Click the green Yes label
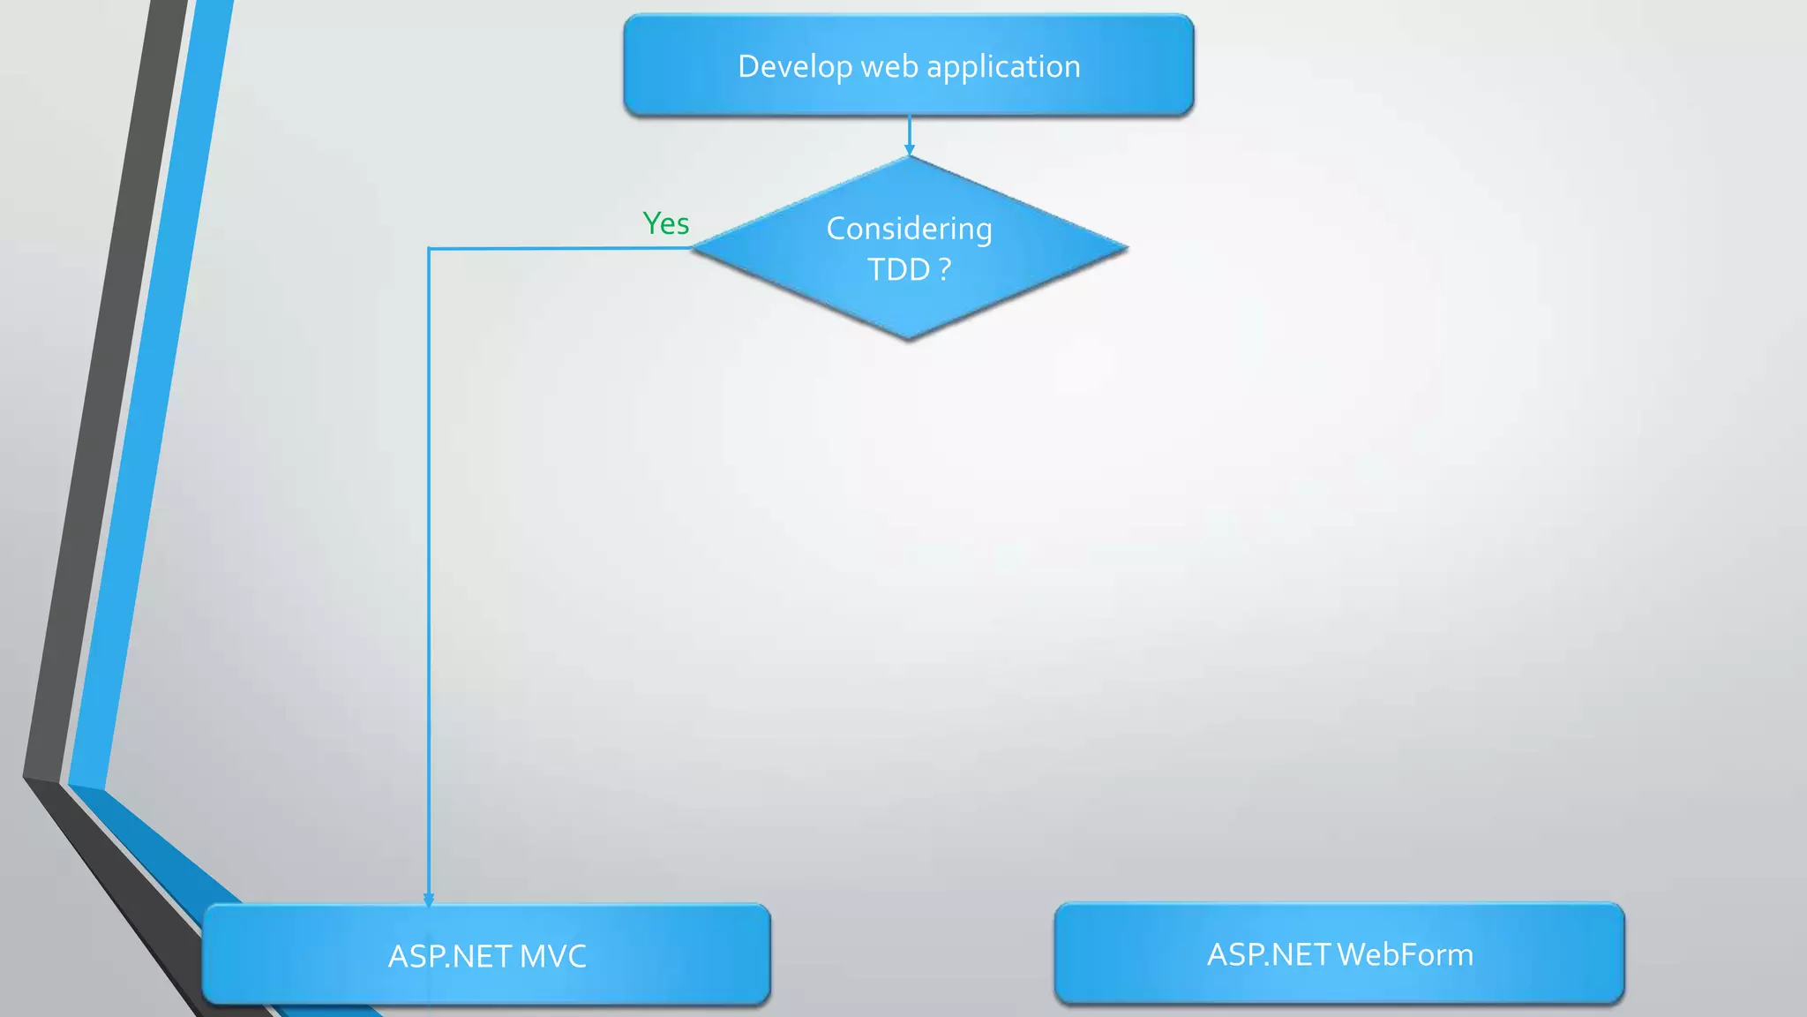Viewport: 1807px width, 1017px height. point(665,223)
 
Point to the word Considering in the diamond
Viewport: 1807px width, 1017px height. point(909,229)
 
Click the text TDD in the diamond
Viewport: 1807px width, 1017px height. point(898,269)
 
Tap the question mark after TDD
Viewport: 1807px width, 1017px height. point(945,269)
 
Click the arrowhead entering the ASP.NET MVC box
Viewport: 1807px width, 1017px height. point(429,900)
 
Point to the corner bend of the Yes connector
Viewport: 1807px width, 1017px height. point(429,249)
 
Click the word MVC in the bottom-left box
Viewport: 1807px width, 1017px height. point(553,956)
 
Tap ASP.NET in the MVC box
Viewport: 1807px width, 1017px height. point(450,956)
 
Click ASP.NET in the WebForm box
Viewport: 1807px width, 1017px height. point(1269,954)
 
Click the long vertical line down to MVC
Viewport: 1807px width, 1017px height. point(429,574)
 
